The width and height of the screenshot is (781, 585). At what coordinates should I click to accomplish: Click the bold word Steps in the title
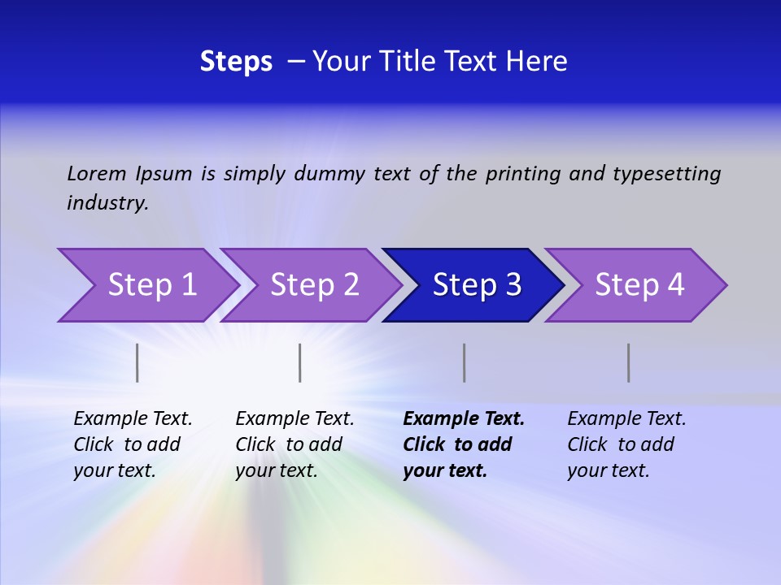coord(236,62)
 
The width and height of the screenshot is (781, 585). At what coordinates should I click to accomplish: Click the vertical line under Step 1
coord(137,362)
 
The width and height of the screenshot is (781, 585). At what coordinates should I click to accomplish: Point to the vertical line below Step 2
coord(299,362)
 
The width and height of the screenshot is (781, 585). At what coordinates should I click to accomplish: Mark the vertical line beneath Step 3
coord(464,362)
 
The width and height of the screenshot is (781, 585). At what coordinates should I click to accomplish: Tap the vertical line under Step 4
coord(628,362)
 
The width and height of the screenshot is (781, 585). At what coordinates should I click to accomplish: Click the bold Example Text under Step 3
coord(464,419)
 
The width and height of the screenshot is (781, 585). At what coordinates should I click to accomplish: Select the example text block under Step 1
coord(133,444)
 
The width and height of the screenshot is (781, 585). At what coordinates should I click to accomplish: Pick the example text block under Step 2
coord(295,444)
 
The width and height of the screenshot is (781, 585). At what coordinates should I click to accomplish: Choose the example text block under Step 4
coord(626,444)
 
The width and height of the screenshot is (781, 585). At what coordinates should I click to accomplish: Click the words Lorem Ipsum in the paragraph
coord(129,174)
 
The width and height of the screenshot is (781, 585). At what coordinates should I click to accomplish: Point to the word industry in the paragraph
coord(107,203)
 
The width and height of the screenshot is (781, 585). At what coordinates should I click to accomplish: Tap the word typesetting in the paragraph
coord(666,174)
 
